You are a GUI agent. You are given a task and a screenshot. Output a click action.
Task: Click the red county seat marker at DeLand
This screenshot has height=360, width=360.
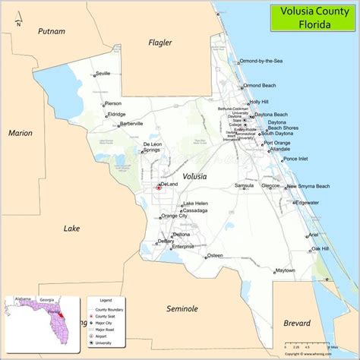[x=159, y=186]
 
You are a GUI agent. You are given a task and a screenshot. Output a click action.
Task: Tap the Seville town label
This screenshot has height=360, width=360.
[x=104, y=74]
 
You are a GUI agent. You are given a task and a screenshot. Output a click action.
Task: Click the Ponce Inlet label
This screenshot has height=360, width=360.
[x=295, y=159]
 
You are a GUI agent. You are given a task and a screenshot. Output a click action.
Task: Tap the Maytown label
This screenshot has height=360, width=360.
[x=285, y=270]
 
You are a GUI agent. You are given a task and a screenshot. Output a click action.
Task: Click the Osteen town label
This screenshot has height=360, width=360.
[x=215, y=255]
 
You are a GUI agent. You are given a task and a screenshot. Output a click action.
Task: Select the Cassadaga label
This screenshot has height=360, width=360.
[x=195, y=210]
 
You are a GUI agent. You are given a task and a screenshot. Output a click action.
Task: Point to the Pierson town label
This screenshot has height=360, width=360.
[x=113, y=103]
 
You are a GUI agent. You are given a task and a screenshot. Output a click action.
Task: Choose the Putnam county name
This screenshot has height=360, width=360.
[x=52, y=31]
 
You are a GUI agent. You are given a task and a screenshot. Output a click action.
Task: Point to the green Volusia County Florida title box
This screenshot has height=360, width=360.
[x=311, y=16]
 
